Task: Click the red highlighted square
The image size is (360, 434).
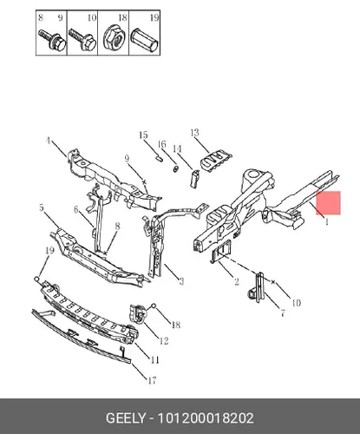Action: (x=328, y=203)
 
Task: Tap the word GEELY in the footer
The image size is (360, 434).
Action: (x=126, y=418)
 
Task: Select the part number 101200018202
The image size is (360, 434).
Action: (x=206, y=418)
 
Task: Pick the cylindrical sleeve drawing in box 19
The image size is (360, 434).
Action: (x=145, y=40)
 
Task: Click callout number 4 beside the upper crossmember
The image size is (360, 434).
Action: (x=49, y=141)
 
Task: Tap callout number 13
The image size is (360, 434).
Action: (x=195, y=133)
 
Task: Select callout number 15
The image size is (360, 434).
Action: (x=143, y=135)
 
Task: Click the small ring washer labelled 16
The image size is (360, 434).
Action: (x=175, y=168)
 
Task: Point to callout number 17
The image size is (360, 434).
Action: (x=152, y=380)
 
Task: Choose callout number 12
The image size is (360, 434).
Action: (x=164, y=341)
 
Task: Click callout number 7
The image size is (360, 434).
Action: (x=283, y=312)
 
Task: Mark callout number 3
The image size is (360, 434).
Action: (x=181, y=281)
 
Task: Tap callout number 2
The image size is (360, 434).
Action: (x=237, y=281)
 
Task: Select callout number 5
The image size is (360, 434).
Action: (x=42, y=207)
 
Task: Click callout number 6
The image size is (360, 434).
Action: (x=76, y=209)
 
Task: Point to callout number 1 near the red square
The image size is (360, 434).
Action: (x=327, y=222)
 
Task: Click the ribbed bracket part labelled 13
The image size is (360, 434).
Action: (x=216, y=161)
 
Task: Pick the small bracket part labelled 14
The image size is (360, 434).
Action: (x=194, y=178)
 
